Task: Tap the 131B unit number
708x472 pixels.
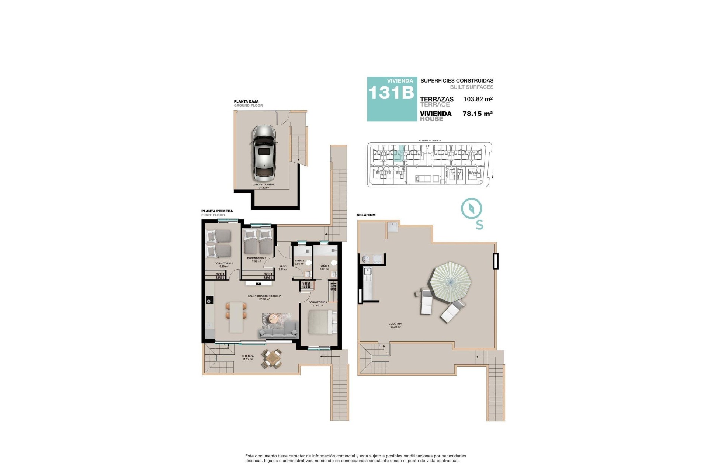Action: pos(391,93)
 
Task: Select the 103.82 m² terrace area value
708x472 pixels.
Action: pos(478,99)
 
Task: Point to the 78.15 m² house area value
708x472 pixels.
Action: pos(478,114)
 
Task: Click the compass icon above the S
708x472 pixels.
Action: pos(472,209)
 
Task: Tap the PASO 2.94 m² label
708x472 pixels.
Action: pos(283,268)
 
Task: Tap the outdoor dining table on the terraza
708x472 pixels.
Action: pos(272,358)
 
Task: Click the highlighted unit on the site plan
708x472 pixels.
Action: pos(398,155)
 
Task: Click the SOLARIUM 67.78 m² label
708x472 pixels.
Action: pos(395,325)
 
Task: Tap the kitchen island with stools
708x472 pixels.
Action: pos(236,317)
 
